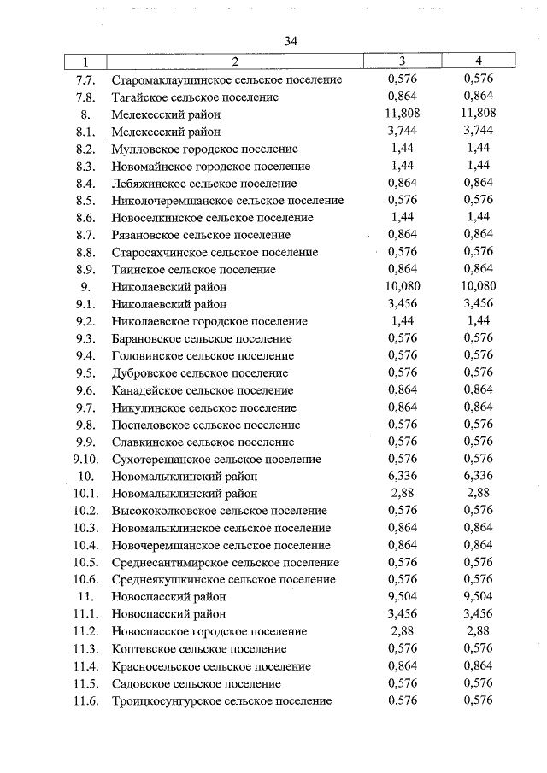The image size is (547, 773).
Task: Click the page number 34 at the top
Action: (x=291, y=41)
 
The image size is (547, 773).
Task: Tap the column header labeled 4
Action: (x=479, y=61)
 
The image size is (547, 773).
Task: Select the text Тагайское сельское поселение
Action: (x=195, y=97)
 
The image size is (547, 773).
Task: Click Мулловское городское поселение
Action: (x=204, y=149)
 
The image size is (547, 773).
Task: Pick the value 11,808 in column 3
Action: (x=402, y=114)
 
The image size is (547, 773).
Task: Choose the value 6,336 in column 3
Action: (x=402, y=477)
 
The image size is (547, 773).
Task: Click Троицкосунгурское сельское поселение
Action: (x=221, y=701)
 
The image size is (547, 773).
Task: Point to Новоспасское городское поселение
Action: (x=209, y=632)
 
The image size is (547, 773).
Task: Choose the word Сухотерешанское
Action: (x=160, y=460)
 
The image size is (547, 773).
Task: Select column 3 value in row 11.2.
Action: (x=402, y=632)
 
